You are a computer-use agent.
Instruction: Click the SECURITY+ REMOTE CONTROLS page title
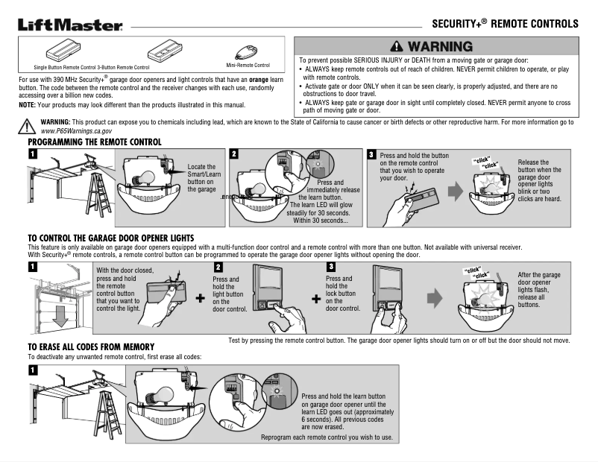(x=505, y=24)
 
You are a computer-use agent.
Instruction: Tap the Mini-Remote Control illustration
(x=246, y=53)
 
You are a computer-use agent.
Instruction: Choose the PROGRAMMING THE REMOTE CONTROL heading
(x=95, y=141)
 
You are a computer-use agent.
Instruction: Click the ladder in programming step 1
(x=102, y=189)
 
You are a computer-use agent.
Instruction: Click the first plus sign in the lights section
(x=200, y=298)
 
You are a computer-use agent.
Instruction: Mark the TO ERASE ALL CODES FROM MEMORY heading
(x=91, y=346)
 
